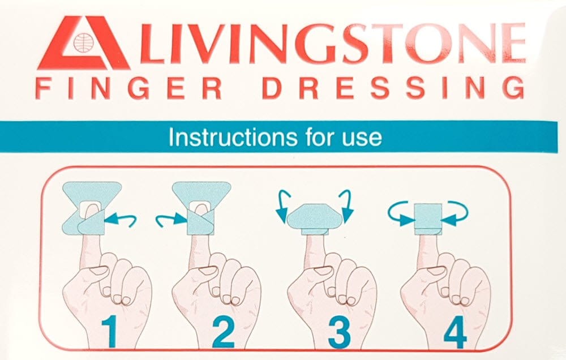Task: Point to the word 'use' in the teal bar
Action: [x=362, y=138]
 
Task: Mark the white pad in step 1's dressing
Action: [x=91, y=209]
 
